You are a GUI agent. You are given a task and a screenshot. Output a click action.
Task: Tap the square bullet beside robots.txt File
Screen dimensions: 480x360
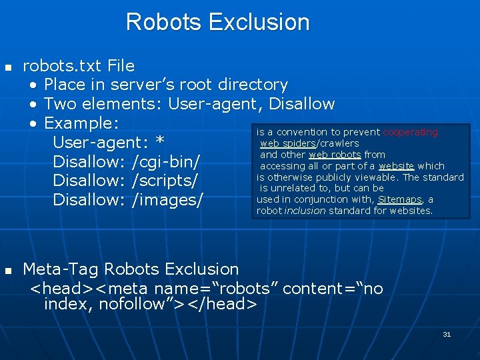[8, 67]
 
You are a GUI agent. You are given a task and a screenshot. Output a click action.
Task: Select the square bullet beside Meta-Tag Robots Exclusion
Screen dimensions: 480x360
[8, 271]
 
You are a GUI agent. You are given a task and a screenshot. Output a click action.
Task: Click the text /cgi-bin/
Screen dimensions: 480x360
[167, 161]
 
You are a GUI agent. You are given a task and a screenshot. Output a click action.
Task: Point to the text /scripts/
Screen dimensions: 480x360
[165, 181]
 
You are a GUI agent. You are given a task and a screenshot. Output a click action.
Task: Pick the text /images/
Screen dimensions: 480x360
[167, 200]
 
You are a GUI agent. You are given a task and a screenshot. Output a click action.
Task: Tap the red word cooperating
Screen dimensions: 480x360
[410, 133]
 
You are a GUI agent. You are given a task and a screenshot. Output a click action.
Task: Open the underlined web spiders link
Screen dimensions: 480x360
[287, 143]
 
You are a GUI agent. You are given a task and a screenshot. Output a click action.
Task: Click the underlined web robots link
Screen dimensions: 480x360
[335, 155]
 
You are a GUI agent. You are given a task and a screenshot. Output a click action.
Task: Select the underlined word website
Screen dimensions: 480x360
[397, 166]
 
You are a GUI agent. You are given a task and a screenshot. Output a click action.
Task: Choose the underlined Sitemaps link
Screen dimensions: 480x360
[399, 199]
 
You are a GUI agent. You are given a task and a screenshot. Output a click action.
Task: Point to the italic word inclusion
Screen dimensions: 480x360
[303, 211]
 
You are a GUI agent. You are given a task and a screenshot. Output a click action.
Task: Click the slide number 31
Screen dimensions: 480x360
[447, 334]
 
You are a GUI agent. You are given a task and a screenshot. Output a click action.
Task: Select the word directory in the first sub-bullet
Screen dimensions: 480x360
[251, 85]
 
